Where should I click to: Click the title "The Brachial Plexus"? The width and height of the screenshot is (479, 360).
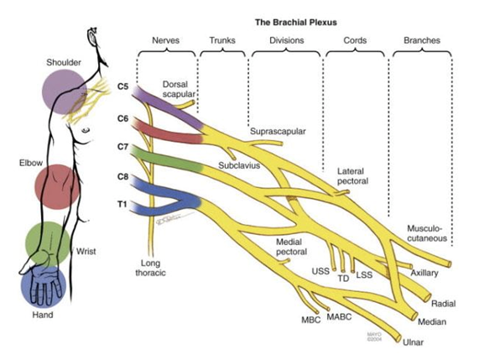point(296,23)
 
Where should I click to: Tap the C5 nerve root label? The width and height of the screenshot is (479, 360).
point(122,86)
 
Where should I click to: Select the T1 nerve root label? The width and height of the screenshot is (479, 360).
point(122,204)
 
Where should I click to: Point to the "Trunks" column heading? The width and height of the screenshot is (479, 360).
point(222,40)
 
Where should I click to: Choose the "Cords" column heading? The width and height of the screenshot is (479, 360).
point(355,40)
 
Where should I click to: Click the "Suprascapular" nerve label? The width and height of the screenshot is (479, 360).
point(278,132)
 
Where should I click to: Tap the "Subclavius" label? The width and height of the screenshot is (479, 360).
point(239,165)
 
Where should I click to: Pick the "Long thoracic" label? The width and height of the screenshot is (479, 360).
point(150,268)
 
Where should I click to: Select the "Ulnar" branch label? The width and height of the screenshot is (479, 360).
point(413,342)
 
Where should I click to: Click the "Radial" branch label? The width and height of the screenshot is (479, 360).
point(443,304)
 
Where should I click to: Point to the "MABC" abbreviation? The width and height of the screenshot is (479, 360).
point(339,317)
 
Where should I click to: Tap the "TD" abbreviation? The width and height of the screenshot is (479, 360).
point(343,279)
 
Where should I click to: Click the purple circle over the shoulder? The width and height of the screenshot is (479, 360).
point(65,91)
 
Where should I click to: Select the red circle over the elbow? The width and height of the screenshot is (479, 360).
point(57,187)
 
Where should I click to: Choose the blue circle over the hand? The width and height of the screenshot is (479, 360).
point(44,285)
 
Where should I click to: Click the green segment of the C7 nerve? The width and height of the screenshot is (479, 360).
point(165,159)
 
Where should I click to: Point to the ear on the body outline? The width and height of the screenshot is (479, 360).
point(92,37)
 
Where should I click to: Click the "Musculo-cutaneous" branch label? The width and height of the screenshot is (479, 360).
point(427,233)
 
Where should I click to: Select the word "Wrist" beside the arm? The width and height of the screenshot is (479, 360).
point(86,252)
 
